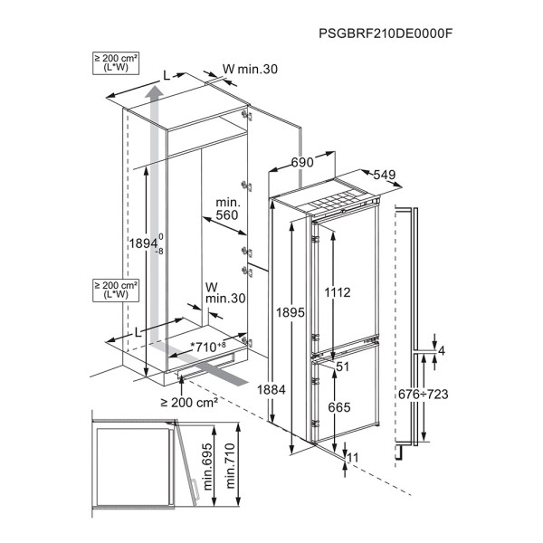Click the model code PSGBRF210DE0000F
386,33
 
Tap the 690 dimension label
302,162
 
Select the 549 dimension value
385,175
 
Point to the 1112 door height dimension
338,292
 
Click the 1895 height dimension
291,313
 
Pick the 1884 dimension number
271,390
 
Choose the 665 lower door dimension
339,407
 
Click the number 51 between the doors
342,367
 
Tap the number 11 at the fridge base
353,458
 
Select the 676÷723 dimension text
424,394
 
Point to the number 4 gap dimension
442,351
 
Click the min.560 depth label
227,209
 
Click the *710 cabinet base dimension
208,347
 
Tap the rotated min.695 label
208,467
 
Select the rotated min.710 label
230,466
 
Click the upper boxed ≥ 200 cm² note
116,62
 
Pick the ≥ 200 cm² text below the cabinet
189,403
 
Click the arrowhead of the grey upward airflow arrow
154,91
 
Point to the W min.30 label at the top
250,70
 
